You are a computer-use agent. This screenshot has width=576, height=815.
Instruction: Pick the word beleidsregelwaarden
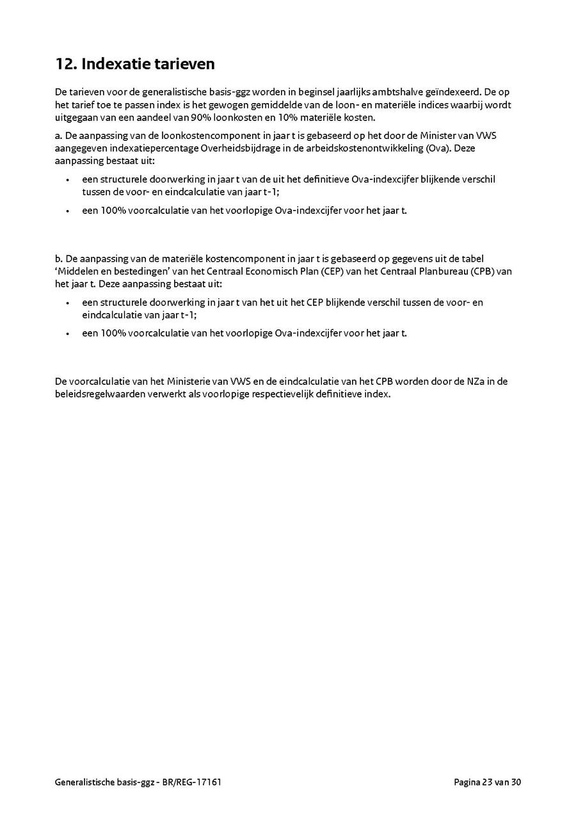tap(98, 394)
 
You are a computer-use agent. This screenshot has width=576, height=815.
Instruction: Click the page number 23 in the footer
tap(488, 782)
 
